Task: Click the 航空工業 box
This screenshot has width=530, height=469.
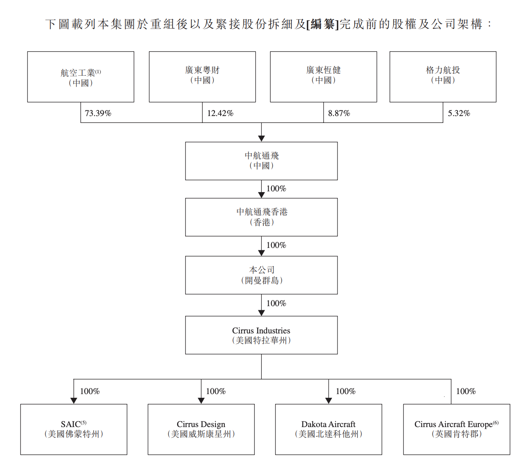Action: click(x=81, y=77)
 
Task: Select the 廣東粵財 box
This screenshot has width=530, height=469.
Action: click(x=202, y=77)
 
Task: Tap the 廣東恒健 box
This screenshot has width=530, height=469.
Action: click(x=323, y=77)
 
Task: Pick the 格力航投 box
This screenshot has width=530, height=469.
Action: click(x=443, y=77)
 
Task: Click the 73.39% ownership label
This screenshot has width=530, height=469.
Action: click(x=98, y=113)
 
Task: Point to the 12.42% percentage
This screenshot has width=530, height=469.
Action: click(x=220, y=113)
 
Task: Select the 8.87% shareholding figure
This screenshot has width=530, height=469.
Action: click(x=339, y=113)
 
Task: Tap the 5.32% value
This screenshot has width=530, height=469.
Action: click(x=459, y=113)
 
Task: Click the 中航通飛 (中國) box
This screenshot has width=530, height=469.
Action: click(x=261, y=161)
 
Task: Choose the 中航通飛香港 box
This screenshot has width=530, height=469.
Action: click(x=261, y=217)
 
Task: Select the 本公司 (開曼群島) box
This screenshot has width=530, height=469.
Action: click(x=261, y=275)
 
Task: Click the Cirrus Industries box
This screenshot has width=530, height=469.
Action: click(x=261, y=335)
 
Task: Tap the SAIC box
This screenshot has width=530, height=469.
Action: click(x=74, y=429)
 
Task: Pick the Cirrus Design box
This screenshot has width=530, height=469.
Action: click(x=201, y=429)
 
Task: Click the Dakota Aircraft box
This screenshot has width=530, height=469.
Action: click(x=329, y=429)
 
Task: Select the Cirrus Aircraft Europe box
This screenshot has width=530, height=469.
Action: click(x=456, y=429)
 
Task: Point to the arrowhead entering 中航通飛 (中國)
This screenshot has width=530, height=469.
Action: click(x=261, y=138)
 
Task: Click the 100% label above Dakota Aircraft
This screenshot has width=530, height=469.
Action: click(x=346, y=391)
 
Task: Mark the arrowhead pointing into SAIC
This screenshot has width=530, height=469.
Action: click(x=74, y=401)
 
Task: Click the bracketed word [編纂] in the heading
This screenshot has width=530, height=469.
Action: click(x=322, y=24)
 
